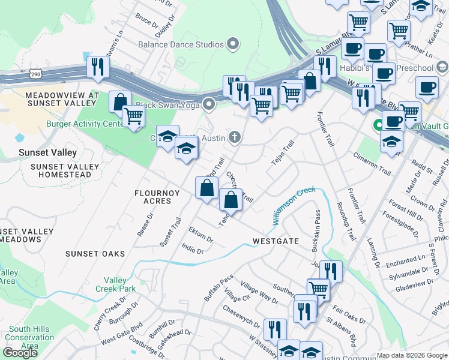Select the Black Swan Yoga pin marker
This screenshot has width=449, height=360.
[209, 104]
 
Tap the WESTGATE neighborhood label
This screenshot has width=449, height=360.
[276, 241]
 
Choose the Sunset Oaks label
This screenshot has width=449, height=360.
[95, 254]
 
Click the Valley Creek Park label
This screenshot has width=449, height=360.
[115, 284]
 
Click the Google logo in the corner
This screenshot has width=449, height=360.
[21, 352]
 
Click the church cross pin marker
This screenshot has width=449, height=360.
[235, 138]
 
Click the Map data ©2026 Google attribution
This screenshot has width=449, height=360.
[412, 355]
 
